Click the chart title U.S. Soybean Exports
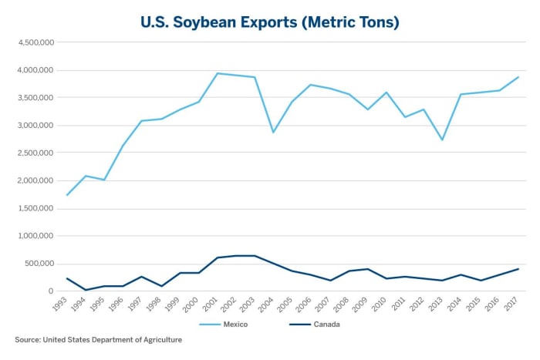click(269, 22)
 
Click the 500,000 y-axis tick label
click(38, 264)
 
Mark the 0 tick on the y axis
click(49, 291)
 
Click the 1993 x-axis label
click(62, 304)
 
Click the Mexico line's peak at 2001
click(218, 73)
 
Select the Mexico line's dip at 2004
click(274, 133)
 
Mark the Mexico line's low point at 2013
click(443, 140)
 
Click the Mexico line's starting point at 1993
click(68, 195)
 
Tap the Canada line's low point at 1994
click(86, 290)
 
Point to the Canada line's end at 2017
click(518, 269)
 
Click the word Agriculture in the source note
click(157, 339)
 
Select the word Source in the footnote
click(28, 339)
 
